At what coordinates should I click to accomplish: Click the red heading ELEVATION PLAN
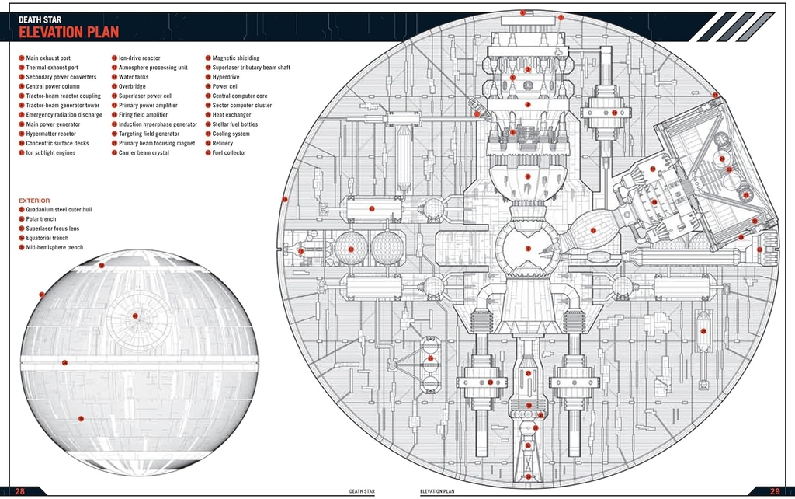[x=69, y=32]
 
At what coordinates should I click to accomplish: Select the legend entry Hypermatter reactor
[x=51, y=134]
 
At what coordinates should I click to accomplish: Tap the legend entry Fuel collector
[x=229, y=153]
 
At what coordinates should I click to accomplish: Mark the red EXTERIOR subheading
[x=34, y=201]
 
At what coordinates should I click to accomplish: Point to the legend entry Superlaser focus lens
[x=52, y=229]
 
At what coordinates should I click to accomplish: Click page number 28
[x=20, y=491]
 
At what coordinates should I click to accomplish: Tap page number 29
[x=775, y=491]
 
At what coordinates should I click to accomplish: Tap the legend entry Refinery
[x=222, y=144]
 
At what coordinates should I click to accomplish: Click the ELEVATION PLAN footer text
[x=437, y=491]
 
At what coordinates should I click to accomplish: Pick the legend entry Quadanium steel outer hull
[x=58, y=210]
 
